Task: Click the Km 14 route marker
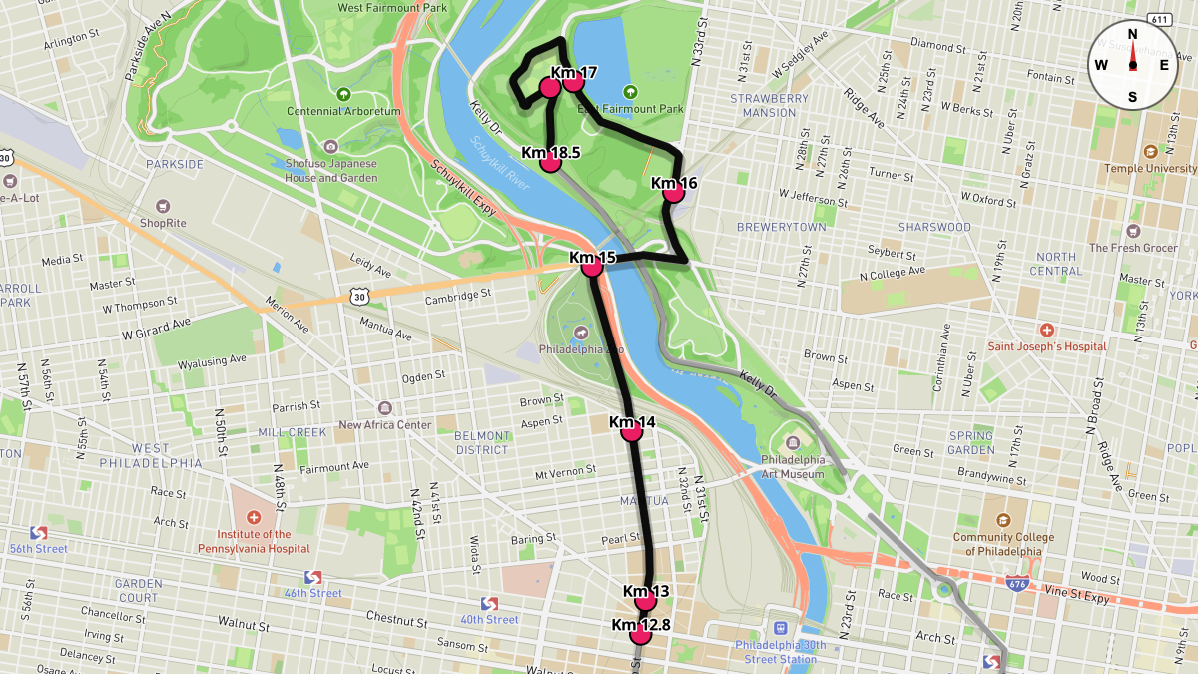tap(631, 431)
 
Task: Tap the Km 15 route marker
tap(591, 267)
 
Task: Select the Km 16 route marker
tap(674, 192)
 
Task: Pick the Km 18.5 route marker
tap(550, 162)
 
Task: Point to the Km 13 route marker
tap(646, 600)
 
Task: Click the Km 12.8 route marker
tap(640, 634)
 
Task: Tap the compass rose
tap(1132, 65)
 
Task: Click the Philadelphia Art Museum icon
tap(793, 442)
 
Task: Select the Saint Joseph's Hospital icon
tap(1046, 330)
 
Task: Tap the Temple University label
tap(1150, 169)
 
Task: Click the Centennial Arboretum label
tap(343, 111)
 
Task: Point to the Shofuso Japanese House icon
tap(331, 147)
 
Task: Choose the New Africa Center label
tap(384, 424)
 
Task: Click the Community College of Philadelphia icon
tap(1003, 521)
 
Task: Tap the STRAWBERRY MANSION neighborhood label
tap(769, 105)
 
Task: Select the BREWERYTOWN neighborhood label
tap(781, 227)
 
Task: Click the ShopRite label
tap(163, 223)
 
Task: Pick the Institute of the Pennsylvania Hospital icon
tap(253, 518)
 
